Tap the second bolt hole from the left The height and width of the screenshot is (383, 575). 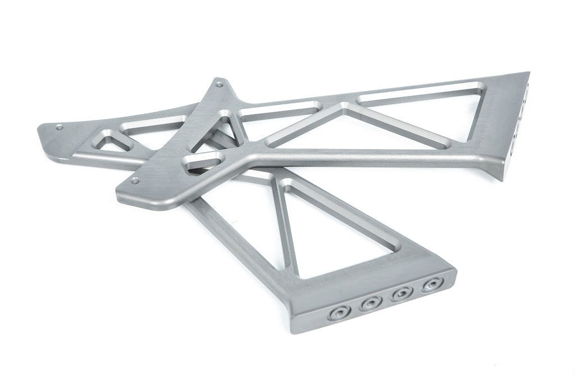(371, 304)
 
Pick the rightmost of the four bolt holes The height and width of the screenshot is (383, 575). (431, 285)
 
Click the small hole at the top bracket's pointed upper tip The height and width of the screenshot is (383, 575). (218, 85)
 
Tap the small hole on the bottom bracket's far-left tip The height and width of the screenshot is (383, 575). (59, 128)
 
